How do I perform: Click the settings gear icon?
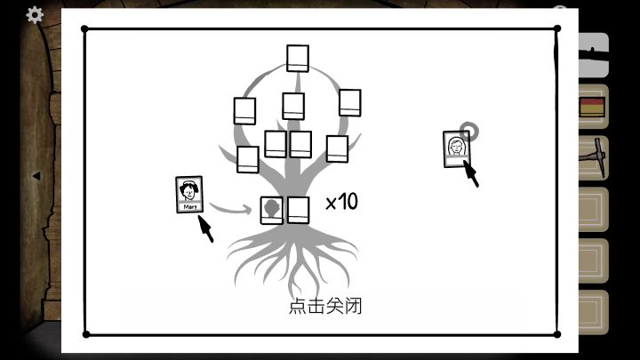click(35, 15)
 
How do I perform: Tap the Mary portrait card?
click(189, 195)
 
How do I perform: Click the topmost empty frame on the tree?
click(298, 59)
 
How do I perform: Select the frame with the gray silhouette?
click(272, 210)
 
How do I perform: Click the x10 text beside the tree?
click(342, 202)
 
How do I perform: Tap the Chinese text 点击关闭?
click(325, 306)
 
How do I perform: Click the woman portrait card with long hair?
click(457, 149)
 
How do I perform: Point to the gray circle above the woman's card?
click(469, 131)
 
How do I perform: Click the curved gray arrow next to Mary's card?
click(230, 209)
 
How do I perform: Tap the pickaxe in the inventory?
click(593, 157)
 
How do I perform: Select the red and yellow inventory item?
click(592, 107)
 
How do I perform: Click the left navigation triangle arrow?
click(36, 176)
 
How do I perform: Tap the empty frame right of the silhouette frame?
click(299, 210)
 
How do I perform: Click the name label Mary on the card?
click(190, 207)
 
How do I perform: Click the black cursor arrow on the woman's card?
click(471, 173)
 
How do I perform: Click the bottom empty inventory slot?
click(593, 312)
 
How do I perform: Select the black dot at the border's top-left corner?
click(85, 29)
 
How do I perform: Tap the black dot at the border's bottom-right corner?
click(556, 334)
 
